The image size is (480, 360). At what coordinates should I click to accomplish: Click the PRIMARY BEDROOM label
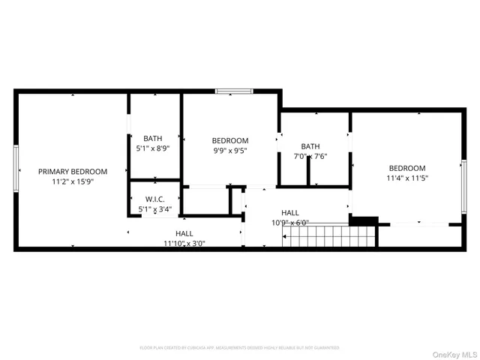tap(73, 171)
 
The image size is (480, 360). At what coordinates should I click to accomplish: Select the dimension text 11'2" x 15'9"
tap(73, 181)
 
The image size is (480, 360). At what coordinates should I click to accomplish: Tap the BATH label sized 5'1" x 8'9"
tap(153, 138)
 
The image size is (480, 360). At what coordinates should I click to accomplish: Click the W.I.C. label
tap(154, 199)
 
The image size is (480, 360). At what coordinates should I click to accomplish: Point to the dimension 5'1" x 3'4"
tap(154, 210)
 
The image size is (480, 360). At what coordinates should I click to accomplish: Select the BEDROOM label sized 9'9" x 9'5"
tap(229, 140)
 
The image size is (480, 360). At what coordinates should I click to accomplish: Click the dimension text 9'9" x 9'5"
tap(229, 151)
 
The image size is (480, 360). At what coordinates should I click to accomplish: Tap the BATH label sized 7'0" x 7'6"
tap(310, 146)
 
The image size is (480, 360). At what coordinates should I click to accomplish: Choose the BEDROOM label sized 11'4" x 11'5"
tap(406, 168)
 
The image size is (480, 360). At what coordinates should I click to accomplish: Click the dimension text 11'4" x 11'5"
tap(406, 178)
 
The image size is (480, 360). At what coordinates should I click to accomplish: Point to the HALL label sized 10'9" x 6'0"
tap(290, 213)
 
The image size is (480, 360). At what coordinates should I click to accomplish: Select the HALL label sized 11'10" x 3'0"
tap(184, 233)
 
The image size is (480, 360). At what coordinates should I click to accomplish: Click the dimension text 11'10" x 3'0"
tap(184, 243)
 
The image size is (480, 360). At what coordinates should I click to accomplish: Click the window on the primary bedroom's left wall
tap(16, 169)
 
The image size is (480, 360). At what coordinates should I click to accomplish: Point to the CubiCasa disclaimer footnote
tap(239, 348)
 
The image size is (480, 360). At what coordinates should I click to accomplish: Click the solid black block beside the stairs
tap(363, 221)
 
